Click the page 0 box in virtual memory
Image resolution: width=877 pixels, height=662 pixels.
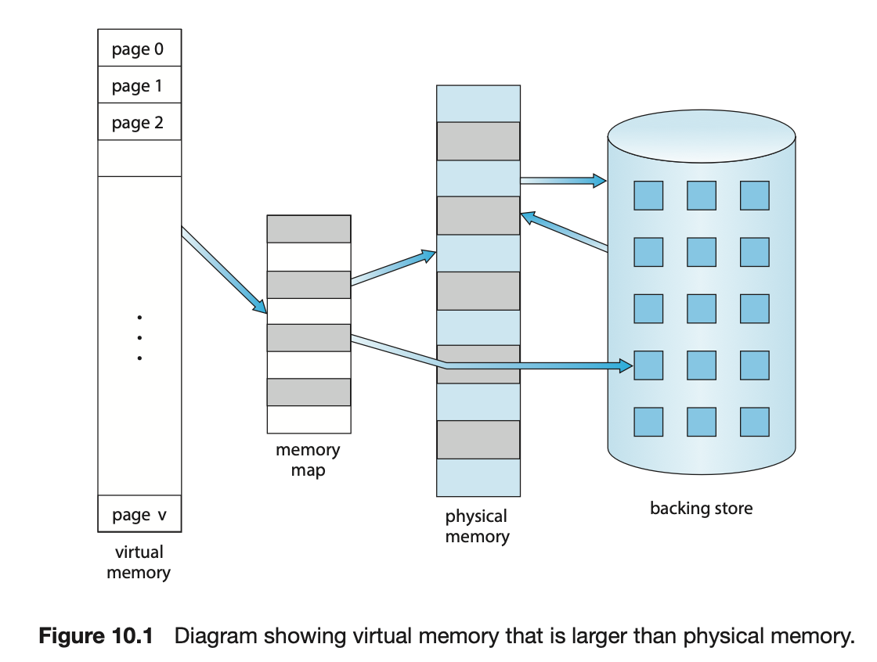click(139, 49)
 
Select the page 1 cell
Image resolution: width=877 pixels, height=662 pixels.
click(139, 85)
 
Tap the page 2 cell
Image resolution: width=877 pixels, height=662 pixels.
click(139, 122)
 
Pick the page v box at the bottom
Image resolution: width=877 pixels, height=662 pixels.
click(139, 514)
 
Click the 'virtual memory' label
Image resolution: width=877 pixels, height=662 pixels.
click(139, 563)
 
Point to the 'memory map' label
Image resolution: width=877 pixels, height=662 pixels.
click(308, 460)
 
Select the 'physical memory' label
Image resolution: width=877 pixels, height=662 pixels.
click(477, 526)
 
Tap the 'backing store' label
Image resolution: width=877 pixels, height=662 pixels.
click(701, 508)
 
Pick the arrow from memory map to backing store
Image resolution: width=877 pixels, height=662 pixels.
click(485, 365)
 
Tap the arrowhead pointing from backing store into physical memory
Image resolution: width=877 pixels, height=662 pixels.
click(529, 216)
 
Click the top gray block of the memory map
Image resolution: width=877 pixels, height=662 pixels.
click(309, 228)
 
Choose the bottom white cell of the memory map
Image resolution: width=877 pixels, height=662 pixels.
click(309, 419)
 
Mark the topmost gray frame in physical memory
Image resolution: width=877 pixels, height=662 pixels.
click(478, 141)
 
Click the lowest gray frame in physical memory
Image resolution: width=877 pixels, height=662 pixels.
click(478, 439)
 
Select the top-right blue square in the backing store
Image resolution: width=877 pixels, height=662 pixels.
click(754, 195)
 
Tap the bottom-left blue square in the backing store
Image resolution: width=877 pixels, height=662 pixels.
click(648, 422)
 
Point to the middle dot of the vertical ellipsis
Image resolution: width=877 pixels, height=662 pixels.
click(139, 338)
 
